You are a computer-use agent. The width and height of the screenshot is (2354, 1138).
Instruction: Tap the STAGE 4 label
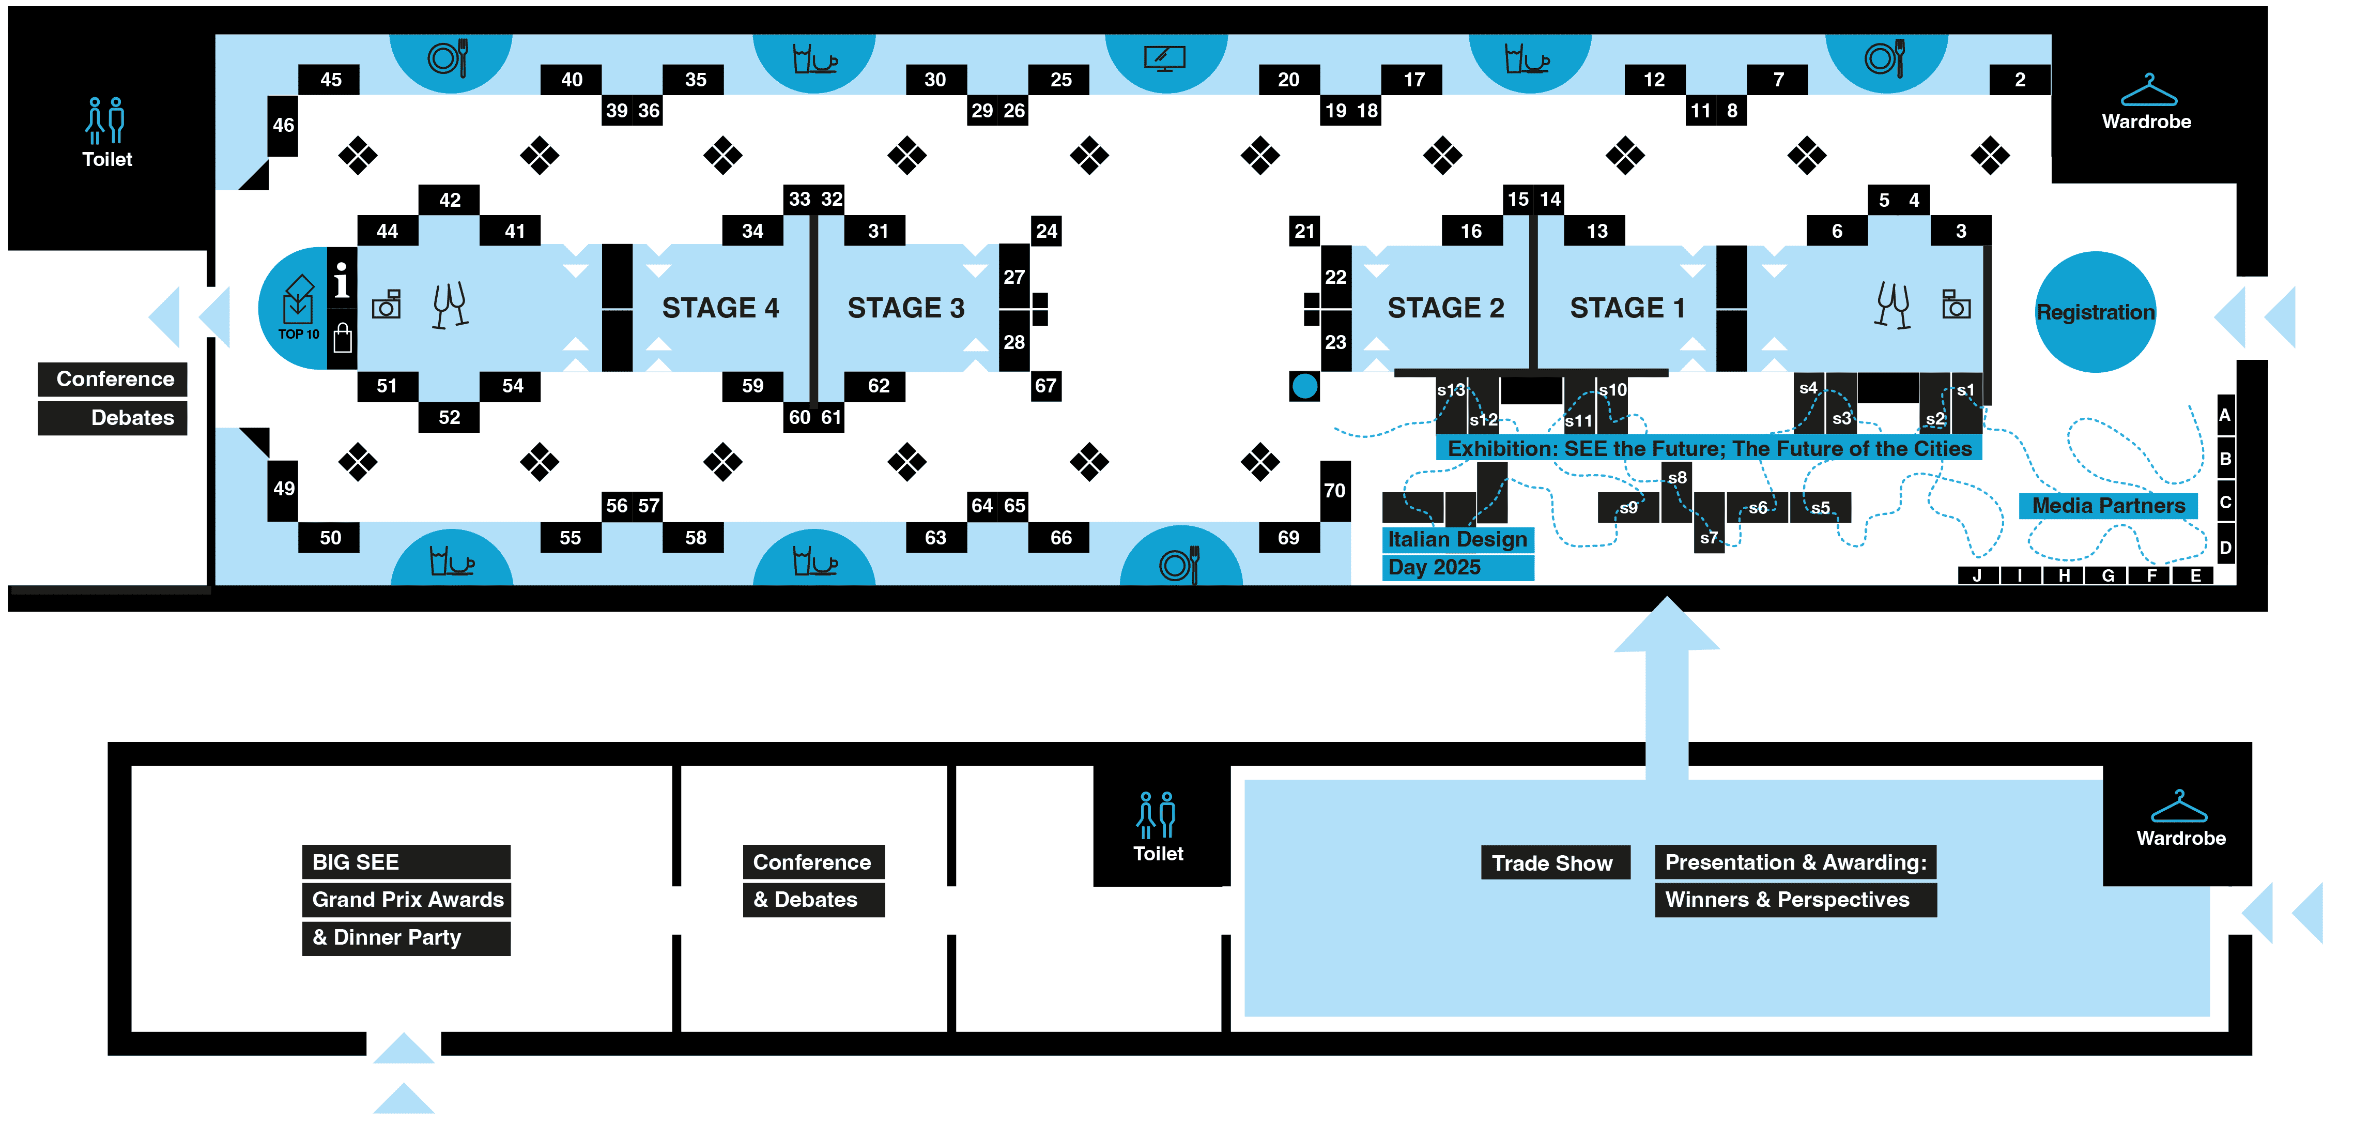point(720,308)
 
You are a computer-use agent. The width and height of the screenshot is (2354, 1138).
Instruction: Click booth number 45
point(330,80)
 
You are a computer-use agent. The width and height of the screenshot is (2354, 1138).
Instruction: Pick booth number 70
point(1334,491)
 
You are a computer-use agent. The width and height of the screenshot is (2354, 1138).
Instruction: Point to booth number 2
point(2020,80)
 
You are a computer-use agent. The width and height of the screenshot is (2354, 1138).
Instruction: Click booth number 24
point(1047,231)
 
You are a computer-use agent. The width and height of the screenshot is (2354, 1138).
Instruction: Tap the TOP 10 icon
point(298,308)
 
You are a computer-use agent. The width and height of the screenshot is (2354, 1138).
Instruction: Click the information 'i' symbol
point(342,281)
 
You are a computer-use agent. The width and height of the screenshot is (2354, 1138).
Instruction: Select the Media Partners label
point(2107,506)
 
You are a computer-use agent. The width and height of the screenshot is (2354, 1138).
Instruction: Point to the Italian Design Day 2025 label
point(1457,553)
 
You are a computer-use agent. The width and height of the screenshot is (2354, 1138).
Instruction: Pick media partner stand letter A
point(2225,415)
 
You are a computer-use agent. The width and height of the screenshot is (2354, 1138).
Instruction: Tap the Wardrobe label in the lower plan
point(2180,838)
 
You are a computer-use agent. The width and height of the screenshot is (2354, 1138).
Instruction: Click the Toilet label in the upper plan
point(107,159)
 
